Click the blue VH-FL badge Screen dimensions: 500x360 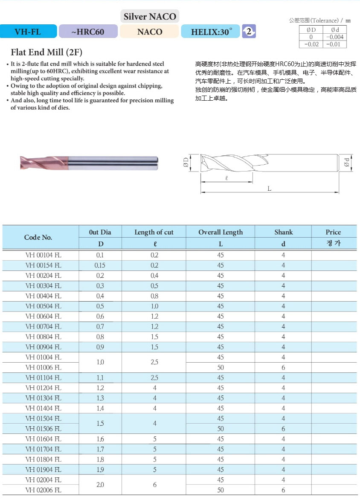pyautogui.click(x=28, y=32)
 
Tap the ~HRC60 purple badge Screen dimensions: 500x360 pyautogui.click(x=88, y=32)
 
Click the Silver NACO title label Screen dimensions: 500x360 pyautogui.click(x=150, y=17)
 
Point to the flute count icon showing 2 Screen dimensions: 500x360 pyautogui.click(x=249, y=31)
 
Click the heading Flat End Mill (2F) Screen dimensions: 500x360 pyautogui.click(x=46, y=52)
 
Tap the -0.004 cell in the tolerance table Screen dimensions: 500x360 pyautogui.click(x=335, y=37)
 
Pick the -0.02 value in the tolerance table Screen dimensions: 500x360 pyautogui.click(x=311, y=44)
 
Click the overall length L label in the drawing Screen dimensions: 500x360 pyautogui.click(x=270, y=189)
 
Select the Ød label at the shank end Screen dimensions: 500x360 pyautogui.click(x=347, y=163)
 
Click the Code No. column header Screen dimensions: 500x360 pyautogui.click(x=38, y=237)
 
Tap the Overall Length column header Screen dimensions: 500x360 pyautogui.click(x=221, y=232)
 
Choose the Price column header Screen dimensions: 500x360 pyautogui.click(x=333, y=232)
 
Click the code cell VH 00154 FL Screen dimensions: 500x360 pyautogui.click(x=44, y=265)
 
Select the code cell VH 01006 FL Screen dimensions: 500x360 pyautogui.click(x=44, y=367)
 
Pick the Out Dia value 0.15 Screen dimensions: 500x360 pyautogui.click(x=100, y=265)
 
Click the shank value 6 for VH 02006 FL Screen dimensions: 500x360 pyautogui.click(x=283, y=490)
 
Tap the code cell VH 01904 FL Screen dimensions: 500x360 pyautogui.click(x=44, y=470)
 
